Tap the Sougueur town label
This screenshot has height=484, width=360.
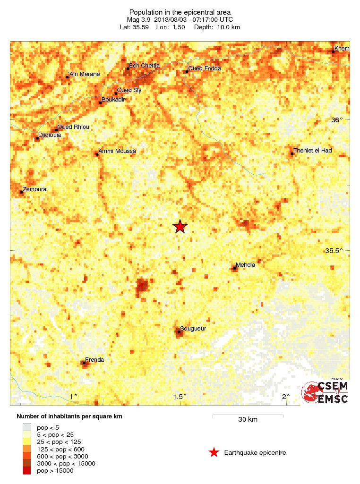tap(194, 329)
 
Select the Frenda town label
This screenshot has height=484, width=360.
tap(94, 360)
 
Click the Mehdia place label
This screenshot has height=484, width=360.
tap(245, 265)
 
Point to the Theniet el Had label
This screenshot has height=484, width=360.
tap(312, 151)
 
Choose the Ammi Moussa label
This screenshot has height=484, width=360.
tap(117, 151)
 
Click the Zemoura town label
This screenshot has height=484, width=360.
tap(34, 189)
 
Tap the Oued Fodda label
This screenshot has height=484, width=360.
tap(204, 68)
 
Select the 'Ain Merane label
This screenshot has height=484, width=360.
tap(84, 74)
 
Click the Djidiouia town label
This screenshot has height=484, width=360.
tap(49, 135)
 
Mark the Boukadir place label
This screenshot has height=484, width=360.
tap(113, 100)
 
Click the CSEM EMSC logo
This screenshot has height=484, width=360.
tap(326, 392)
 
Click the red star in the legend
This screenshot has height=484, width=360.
tap(214, 453)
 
